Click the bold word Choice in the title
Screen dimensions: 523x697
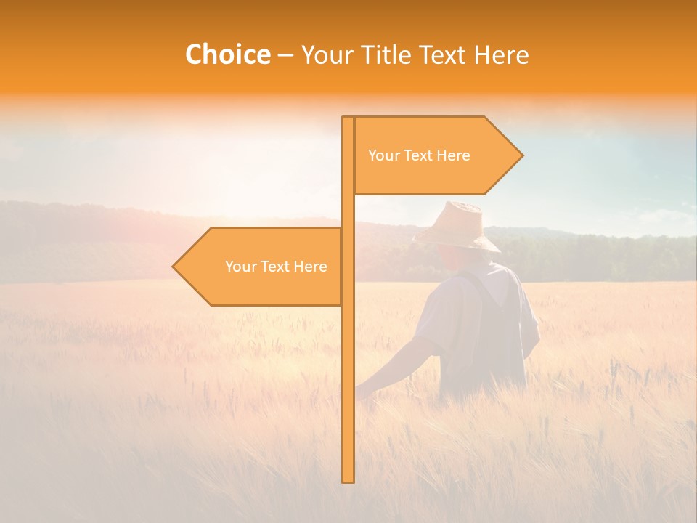[227, 55]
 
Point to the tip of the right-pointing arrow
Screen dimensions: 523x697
[522, 155]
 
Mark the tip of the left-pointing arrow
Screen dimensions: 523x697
[174, 267]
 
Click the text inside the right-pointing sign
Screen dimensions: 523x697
[419, 155]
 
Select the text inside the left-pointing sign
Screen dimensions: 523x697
[276, 267]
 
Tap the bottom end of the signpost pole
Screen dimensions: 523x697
[348, 480]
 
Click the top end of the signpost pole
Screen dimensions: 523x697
[348, 118]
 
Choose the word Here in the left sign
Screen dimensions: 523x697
[310, 267]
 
